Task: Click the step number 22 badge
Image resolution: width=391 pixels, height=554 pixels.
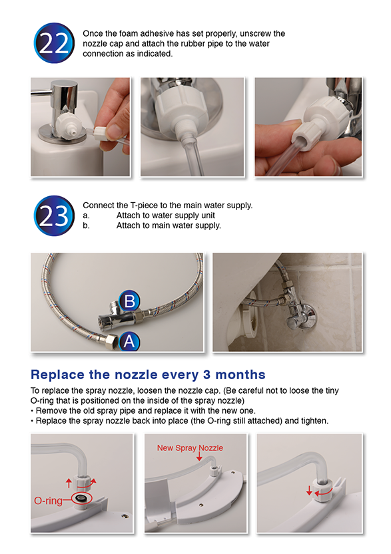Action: click(x=54, y=43)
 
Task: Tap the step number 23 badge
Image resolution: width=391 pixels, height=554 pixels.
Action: click(x=54, y=215)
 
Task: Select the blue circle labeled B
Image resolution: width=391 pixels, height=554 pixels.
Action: click(x=129, y=301)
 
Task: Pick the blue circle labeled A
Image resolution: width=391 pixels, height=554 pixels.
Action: click(x=129, y=341)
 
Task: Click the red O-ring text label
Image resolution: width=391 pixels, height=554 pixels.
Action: click(x=48, y=500)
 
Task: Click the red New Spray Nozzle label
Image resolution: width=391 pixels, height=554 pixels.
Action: click(x=190, y=448)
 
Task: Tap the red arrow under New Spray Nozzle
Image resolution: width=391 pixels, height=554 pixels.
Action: click(x=199, y=456)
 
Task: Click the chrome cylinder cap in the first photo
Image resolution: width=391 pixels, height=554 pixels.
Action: click(x=64, y=96)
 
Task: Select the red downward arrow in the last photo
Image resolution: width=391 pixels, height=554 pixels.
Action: click(x=309, y=490)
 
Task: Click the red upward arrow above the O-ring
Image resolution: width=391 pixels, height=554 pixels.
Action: click(x=69, y=483)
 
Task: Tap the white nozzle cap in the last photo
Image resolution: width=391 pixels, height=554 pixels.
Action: click(x=324, y=489)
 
